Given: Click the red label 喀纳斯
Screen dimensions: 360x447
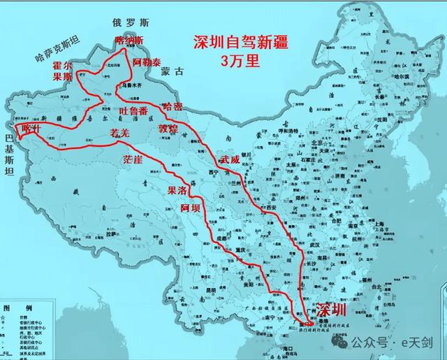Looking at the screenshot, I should (129, 41).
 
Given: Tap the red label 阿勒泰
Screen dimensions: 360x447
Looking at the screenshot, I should (149, 62).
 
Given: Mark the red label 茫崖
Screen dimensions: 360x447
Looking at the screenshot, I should (133, 160).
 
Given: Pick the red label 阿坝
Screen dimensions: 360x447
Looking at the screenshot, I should (191, 208).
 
